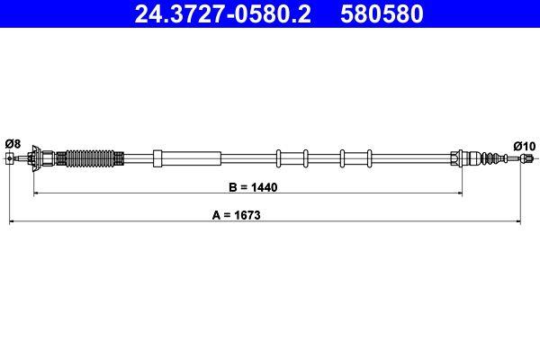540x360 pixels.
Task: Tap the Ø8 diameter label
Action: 13,143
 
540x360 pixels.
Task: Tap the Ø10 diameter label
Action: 524,145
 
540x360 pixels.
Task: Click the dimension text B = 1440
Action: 247,188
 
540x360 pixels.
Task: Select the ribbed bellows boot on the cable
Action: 94,158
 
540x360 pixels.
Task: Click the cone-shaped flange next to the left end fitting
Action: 35,158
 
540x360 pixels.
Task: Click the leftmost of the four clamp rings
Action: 279,158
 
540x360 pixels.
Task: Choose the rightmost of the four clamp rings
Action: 369,158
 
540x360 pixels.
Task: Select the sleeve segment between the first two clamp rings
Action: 292,158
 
